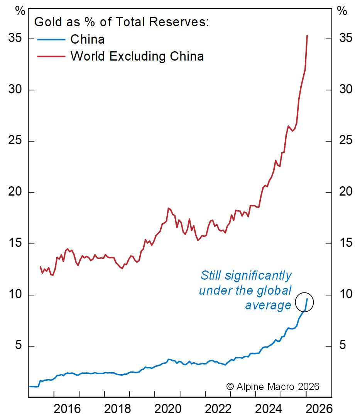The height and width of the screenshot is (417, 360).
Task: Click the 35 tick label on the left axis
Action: [15, 39]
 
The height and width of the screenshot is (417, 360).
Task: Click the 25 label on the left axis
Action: [15, 141]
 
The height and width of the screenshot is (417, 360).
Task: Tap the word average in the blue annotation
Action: [268, 306]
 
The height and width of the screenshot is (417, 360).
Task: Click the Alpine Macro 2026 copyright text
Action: [273, 386]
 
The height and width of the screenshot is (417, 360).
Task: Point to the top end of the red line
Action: [307, 35]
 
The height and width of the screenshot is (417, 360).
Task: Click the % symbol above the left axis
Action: [20, 11]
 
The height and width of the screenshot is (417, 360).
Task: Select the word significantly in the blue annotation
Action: [258, 276]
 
